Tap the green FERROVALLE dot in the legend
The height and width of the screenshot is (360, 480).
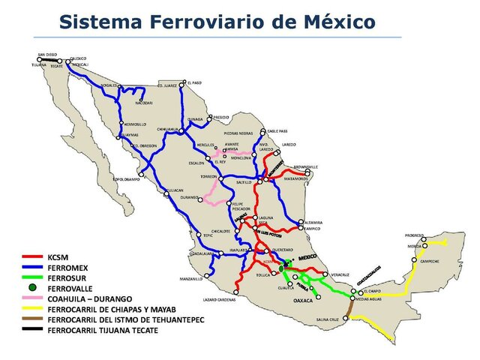(x=31, y=287)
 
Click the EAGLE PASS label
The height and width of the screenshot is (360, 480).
(x=277, y=130)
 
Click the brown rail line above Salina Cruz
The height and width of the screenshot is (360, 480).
(x=349, y=308)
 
